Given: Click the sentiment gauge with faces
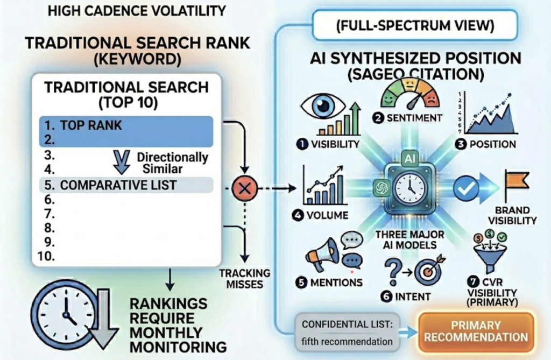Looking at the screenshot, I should click(x=410, y=93).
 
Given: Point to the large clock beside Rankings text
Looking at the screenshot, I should click(x=63, y=313).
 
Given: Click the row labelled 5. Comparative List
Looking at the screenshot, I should click(x=126, y=185).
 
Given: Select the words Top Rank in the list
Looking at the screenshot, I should click(x=91, y=126).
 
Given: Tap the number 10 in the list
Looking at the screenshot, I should click(x=49, y=256).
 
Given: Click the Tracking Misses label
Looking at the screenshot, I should click(x=245, y=279).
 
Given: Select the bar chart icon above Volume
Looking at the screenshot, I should click(x=323, y=188).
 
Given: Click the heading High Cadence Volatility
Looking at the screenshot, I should click(x=137, y=10).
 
